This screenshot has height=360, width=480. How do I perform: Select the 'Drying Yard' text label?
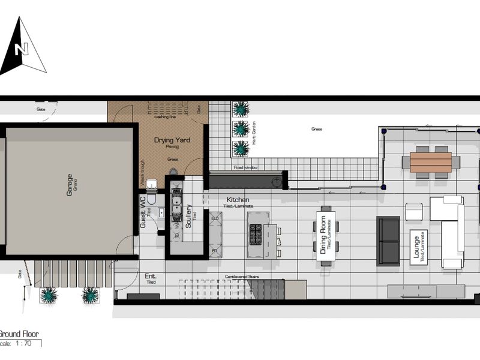pos(172,140)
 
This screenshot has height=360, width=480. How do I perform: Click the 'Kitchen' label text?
pos(238,200)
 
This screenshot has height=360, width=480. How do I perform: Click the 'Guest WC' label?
pos(143,211)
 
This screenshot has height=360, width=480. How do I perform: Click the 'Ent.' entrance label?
pos(150,277)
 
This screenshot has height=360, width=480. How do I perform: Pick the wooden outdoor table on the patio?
pos(430,162)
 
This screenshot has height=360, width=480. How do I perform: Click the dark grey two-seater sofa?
pos(388,241)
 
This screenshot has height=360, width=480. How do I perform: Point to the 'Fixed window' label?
pos(245,168)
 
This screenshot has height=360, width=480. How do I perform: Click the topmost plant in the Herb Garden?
pos(241,109)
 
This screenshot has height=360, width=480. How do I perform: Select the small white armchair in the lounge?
pos(414,212)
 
